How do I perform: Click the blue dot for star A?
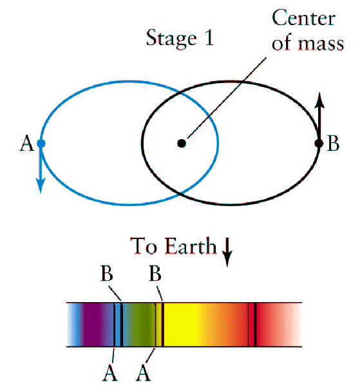[41, 144]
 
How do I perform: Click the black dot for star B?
[319, 144]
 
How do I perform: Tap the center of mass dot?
[182, 144]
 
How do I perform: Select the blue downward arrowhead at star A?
[41, 186]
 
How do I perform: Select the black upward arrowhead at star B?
[319, 100]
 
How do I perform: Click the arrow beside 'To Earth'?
[227, 252]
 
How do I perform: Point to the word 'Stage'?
[171, 38]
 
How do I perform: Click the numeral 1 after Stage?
[209, 37]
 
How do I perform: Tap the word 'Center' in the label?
[303, 18]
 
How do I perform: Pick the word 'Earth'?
[191, 245]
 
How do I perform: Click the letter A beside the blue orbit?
[26, 144]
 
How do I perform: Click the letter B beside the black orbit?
[333, 144]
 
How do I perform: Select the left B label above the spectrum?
[107, 274]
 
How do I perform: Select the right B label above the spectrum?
[155, 274]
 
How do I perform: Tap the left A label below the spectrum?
[109, 373]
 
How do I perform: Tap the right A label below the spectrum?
[144, 373]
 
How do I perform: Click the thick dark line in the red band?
[255, 325]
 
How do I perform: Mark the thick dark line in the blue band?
[122, 325]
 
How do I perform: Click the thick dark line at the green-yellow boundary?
[162, 325]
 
